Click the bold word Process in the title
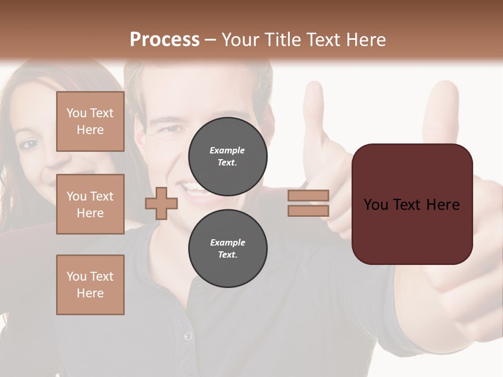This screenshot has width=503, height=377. click(165, 39)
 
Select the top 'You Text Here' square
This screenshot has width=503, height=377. click(90, 121)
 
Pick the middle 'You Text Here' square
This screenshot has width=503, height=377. click(90, 204)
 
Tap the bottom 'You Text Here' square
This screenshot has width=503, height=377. click(90, 285)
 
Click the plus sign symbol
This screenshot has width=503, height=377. click(161, 203)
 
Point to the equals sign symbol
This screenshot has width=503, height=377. click(308, 203)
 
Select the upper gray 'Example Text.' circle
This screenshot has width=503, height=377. click(228, 156)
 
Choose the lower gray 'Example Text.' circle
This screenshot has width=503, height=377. click(228, 248)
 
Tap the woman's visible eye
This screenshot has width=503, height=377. click(30, 143)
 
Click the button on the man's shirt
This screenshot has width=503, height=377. click(188, 336)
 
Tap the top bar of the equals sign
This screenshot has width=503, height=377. click(308, 196)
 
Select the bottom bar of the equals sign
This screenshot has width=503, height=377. click(308, 210)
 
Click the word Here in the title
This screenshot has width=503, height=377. click(366, 39)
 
